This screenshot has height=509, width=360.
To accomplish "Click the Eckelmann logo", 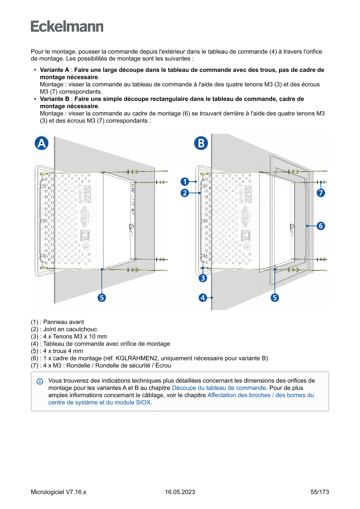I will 67,26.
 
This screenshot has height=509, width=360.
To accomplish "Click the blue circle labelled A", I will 41,143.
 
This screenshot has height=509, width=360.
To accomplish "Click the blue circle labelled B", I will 201,143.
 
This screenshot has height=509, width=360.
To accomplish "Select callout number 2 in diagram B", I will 185,193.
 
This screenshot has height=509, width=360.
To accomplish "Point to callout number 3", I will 203,277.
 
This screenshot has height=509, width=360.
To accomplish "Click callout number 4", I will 203,298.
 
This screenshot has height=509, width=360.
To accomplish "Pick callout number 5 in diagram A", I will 101,298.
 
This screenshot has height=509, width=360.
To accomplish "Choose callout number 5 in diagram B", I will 275,298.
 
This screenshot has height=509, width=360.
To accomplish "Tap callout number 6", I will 320,226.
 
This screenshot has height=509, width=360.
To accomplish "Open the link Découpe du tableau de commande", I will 219,388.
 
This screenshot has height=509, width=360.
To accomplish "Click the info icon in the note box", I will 40,381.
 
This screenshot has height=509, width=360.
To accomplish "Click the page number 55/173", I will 320,492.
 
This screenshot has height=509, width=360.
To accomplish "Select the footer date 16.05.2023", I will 180,492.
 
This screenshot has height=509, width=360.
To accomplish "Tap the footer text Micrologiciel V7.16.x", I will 58,492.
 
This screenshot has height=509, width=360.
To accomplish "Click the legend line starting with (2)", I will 64,329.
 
